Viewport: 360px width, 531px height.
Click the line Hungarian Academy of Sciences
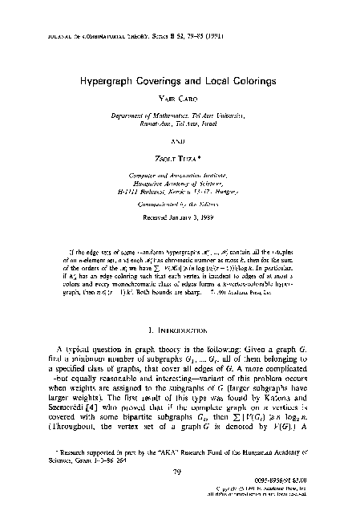(180, 181)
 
